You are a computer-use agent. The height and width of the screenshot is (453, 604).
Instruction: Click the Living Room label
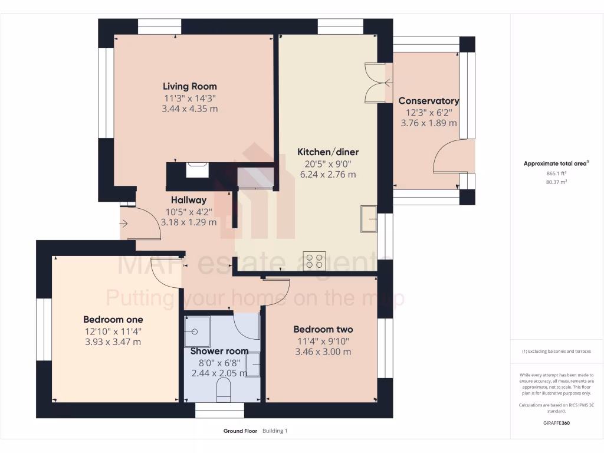pyautogui.click(x=190, y=86)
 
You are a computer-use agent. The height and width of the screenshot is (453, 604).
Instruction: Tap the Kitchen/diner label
pyautogui.click(x=328, y=152)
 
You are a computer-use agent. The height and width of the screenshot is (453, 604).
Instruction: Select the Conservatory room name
pyautogui.click(x=429, y=101)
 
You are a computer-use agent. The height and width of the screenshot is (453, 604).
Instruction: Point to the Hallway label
pyautogui.click(x=189, y=200)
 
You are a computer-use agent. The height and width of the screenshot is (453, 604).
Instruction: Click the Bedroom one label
pyautogui.click(x=113, y=319)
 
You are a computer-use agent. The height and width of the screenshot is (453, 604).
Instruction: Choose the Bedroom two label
pyautogui.click(x=323, y=329)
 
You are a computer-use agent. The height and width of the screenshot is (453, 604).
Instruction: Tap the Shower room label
pyautogui.click(x=219, y=351)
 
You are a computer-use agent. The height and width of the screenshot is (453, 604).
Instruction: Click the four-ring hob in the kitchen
pyautogui.click(x=314, y=260)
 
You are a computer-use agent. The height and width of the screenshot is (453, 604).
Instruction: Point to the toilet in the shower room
pyautogui.click(x=224, y=391)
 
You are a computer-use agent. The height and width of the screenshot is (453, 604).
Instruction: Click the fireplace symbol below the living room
pyautogui.click(x=197, y=170)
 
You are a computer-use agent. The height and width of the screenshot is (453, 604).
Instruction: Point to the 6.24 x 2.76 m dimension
pyautogui.click(x=327, y=175)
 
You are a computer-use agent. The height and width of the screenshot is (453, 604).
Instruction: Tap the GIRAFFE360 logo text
pyautogui.click(x=556, y=423)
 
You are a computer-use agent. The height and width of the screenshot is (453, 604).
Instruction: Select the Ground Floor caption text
pyautogui.click(x=240, y=431)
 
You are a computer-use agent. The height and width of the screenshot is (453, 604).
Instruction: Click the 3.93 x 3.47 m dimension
pyautogui.click(x=113, y=342)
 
